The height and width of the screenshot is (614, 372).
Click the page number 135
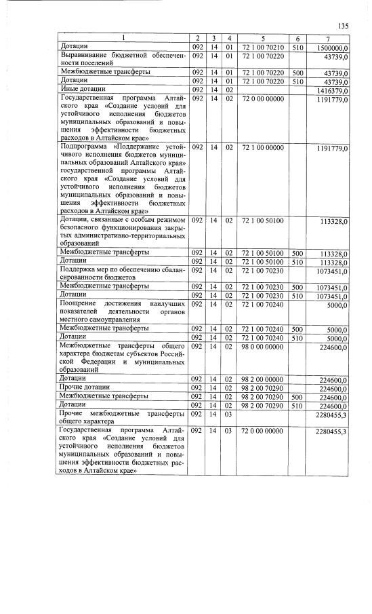[342, 26]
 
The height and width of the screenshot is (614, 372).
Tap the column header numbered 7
[328, 37]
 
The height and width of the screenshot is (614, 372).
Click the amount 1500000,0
[327, 46]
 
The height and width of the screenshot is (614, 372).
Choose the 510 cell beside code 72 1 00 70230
[297, 294]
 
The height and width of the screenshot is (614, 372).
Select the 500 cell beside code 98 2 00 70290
[297, 396]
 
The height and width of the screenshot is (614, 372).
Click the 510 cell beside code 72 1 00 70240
[297, 336]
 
